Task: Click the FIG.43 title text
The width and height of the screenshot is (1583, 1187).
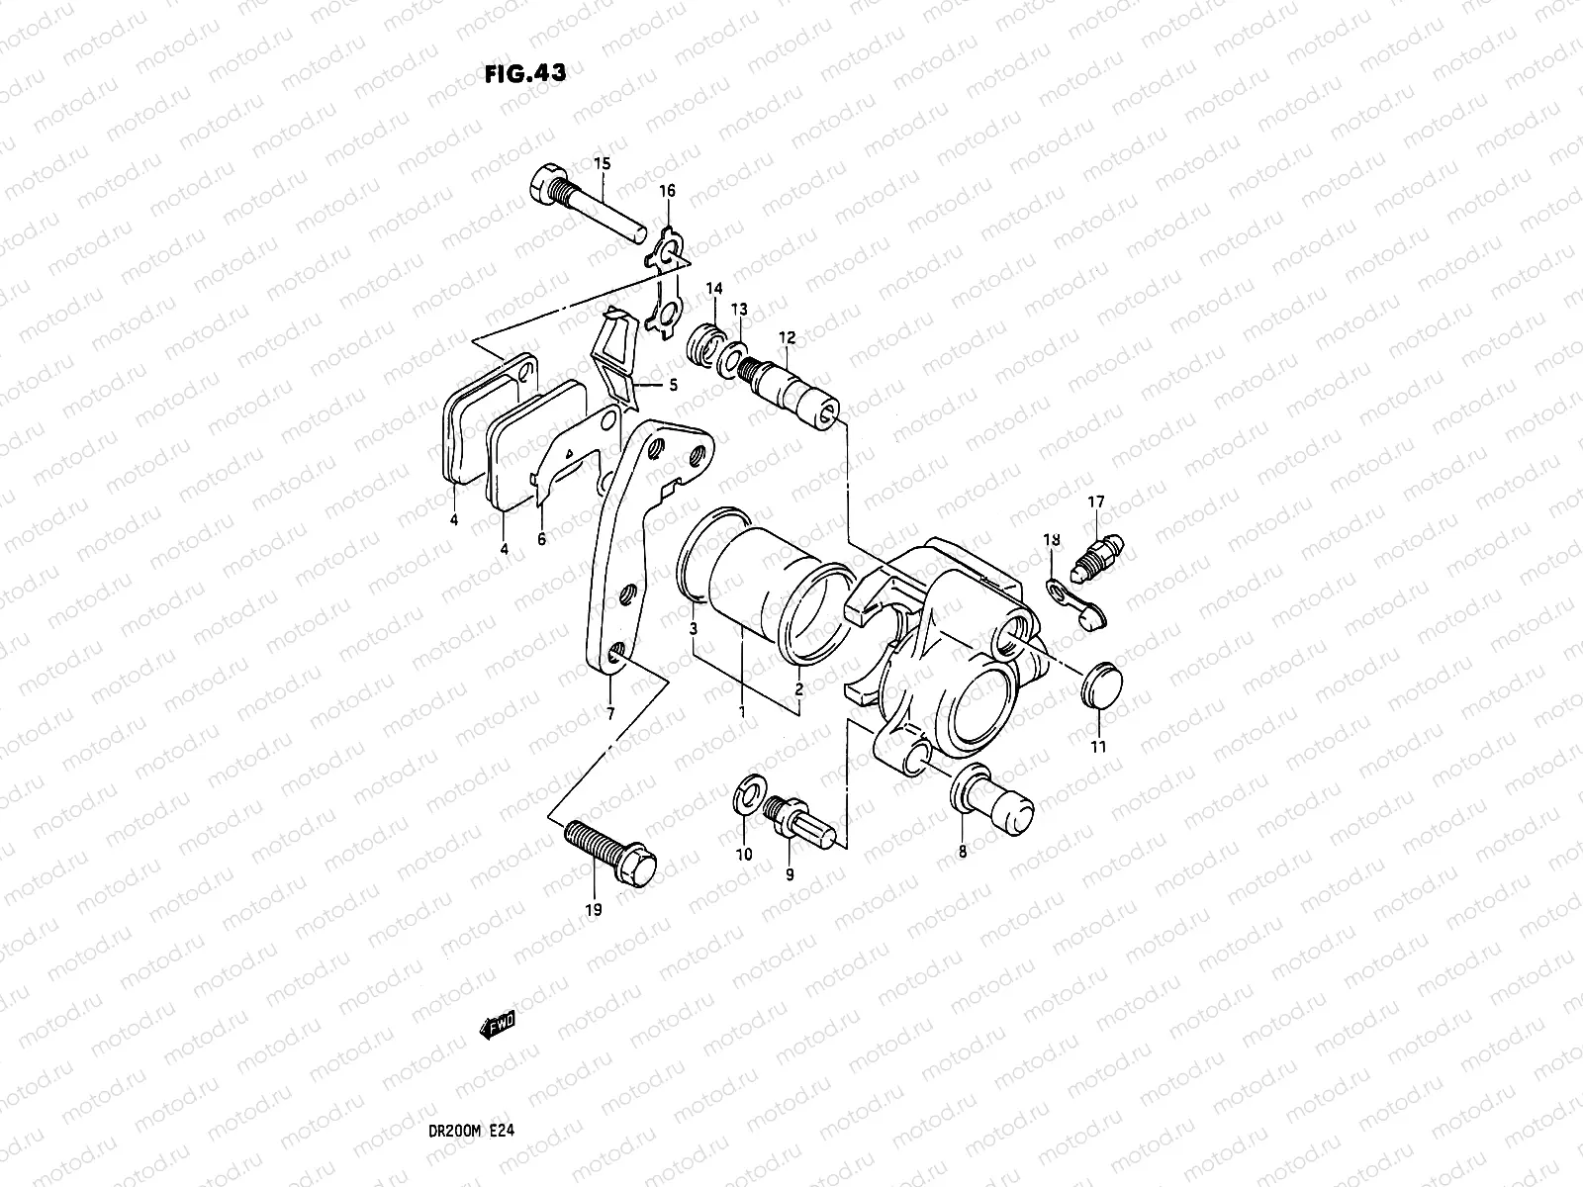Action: tap(525, 73)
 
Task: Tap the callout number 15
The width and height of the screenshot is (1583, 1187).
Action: tap(602, 163)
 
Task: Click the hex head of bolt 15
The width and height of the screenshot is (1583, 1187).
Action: tap(548, 185)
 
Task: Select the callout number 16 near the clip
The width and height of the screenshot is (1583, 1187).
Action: tap(668, 191)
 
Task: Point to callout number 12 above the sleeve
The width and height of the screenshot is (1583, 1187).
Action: tap(787, 338)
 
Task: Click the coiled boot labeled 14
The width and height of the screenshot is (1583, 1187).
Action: tap(704, 345)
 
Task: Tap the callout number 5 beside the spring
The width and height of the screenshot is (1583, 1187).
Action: tap(673, 386)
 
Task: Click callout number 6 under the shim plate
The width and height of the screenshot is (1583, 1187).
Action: tap(541, 540)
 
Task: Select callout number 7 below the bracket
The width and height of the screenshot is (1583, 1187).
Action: tap(610, 713)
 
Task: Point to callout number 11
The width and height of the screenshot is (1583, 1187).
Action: tap(1098, 747)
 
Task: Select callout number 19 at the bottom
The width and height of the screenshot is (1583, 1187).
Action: tap(593, 908)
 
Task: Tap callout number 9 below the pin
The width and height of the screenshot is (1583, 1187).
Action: tap(790, 874)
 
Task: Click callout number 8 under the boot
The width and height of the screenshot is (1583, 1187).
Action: tap(963, 850)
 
